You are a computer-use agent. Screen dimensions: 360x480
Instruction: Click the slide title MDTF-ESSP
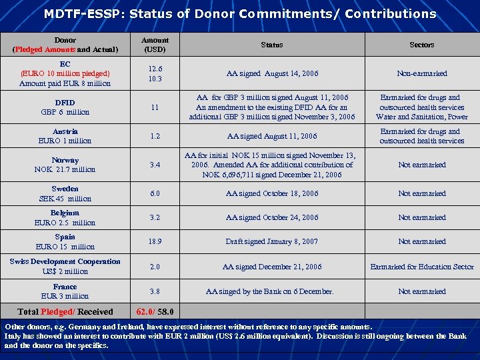tap(239, 13)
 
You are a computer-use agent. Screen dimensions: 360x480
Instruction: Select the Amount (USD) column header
tap(155, 45)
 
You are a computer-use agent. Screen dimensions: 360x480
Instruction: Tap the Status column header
tap(271, 45)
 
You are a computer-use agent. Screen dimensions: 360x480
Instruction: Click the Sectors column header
tap(421, 45)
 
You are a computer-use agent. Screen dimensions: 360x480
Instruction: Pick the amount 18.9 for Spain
tap(155, 241)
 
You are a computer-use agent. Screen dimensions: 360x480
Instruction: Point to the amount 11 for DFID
tap(155, 107)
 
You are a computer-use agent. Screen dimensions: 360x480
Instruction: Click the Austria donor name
tap(65, 131)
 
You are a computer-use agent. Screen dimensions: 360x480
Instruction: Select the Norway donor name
tap(65, 160)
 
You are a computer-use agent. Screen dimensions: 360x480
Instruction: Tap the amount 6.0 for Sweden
tap(155, 193)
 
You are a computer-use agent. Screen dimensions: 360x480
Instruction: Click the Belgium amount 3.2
tap(155, 217)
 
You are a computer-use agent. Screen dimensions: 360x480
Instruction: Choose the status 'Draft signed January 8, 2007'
tap(271, 241)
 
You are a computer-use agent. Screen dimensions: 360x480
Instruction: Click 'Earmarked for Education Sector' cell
tap(421, 267)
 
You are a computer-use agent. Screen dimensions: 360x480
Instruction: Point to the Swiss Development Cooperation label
tap(65, 261)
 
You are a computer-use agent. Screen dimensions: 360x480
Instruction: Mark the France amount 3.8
tap(155, 291)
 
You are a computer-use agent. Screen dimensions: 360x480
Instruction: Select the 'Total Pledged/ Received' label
tap(65, 311)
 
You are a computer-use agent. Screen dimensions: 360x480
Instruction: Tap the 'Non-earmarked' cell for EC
tap(421, 73)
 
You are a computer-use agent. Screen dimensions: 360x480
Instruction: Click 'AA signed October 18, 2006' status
tap(271, 193)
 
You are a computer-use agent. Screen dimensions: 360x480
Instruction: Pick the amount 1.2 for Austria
tap(155, 136)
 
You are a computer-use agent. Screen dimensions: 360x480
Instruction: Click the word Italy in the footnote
tap(13, 337)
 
